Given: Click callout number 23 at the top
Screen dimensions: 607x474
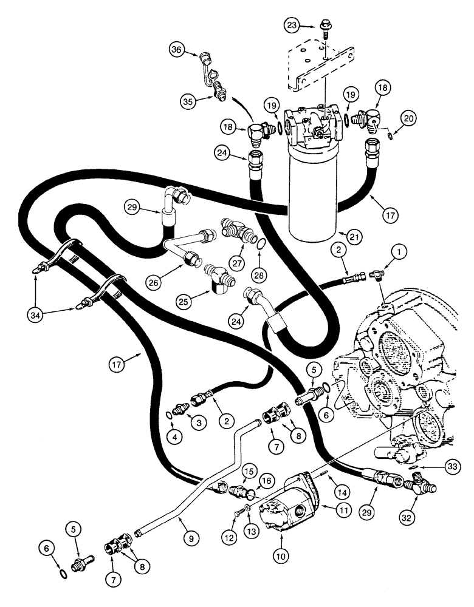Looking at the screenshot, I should coord(293,25).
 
